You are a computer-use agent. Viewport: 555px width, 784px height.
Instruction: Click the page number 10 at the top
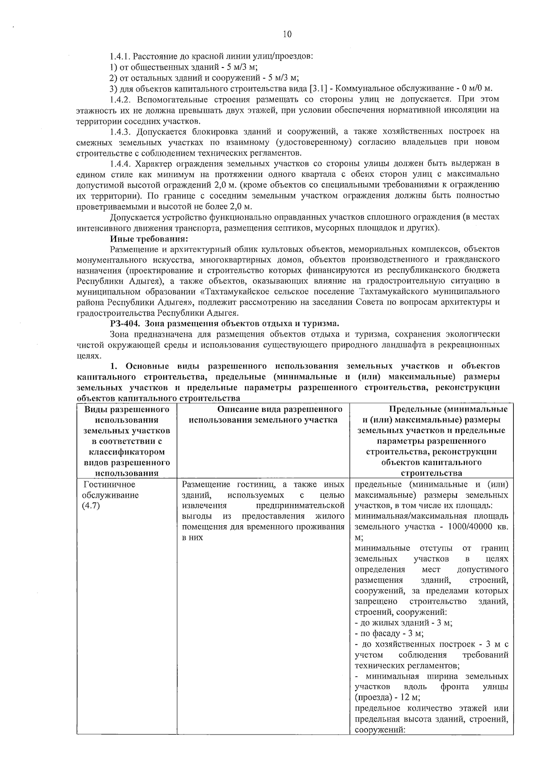286,34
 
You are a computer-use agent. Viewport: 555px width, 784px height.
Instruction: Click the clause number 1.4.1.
121,56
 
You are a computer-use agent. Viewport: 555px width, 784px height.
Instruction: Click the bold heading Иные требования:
148,239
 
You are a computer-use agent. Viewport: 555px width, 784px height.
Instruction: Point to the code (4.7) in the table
91,506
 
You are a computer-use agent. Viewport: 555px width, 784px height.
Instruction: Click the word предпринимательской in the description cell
300,506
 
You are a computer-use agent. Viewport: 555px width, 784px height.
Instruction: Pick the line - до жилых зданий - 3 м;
403,623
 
